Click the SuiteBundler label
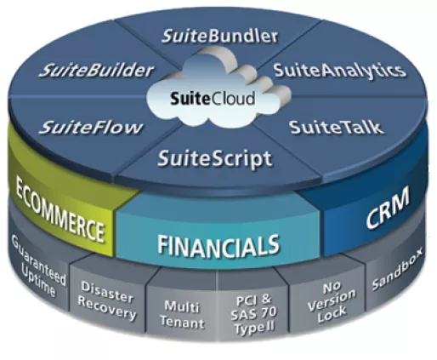[219, 37]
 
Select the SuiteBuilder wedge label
[96, 70]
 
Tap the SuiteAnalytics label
[340, 71]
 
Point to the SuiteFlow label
[91, 128]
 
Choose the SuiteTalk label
[336, 128]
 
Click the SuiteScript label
[214, 159]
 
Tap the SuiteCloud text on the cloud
[213, 99]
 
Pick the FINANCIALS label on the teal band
[218, 244]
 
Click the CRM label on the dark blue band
[388, 208]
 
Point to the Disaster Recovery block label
[106, 300]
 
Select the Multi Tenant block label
[182, 314]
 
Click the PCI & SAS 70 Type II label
[253, 314]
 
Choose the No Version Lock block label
[332, 303]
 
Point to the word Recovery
[106, 309]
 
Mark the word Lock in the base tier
[332, 314]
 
